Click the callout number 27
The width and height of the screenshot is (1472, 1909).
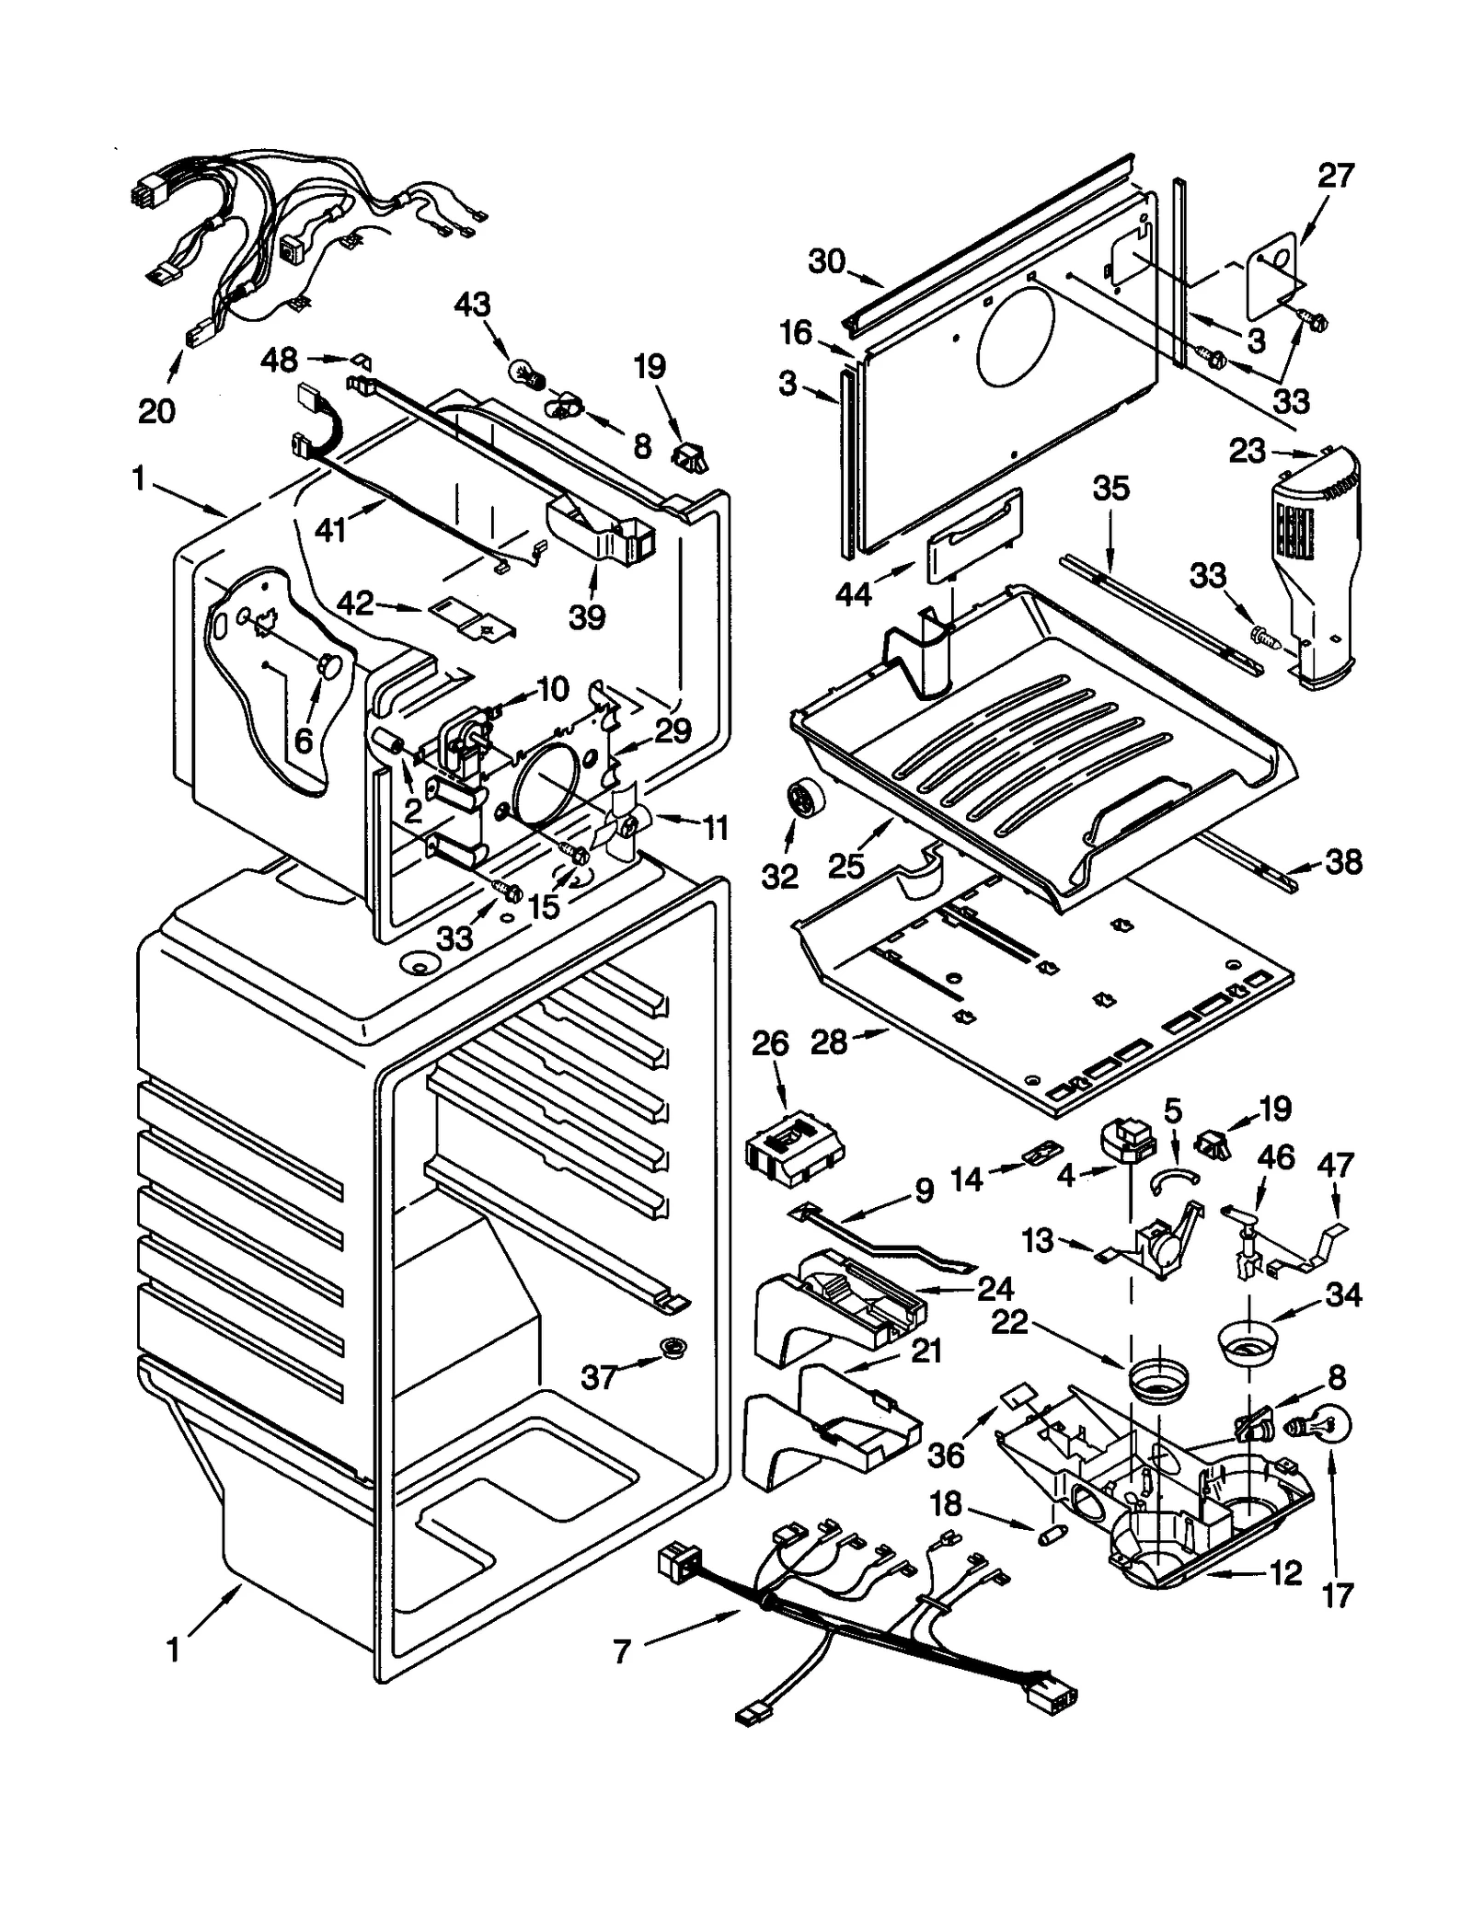click(1335, 175)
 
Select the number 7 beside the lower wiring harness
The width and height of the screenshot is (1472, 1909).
click(623, 1651)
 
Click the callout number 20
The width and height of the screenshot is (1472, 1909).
click(156, 409)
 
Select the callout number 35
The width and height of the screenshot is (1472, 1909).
click(1110, 489)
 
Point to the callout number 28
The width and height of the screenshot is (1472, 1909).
click(829, 1042)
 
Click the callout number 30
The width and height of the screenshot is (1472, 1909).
click(827, 261)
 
